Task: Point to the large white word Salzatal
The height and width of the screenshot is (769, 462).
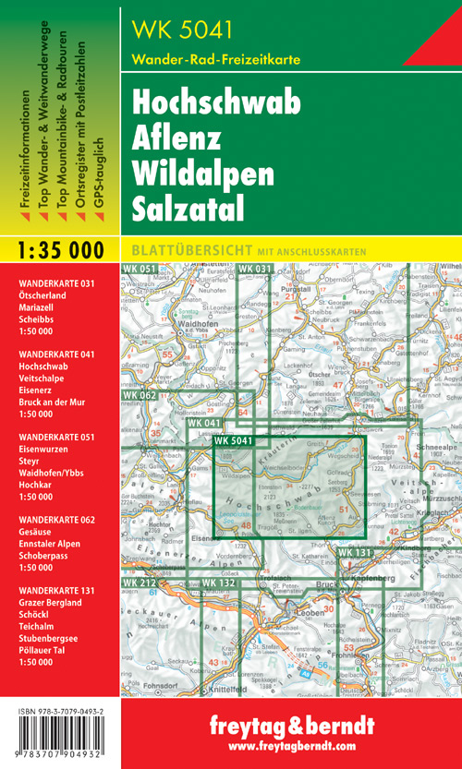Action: pyautogui.click(x=188, y=208)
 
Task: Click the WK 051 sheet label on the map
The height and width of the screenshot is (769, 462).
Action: pyautogui.click(x=139, y=269)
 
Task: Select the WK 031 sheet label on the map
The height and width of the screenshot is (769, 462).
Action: pyautogui.click(x=255, y=269)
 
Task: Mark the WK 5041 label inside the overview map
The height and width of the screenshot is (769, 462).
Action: pyautogui.click(x=234, y=440)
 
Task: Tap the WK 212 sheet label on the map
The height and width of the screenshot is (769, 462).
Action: pyautogui.click(x=139, y=583)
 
